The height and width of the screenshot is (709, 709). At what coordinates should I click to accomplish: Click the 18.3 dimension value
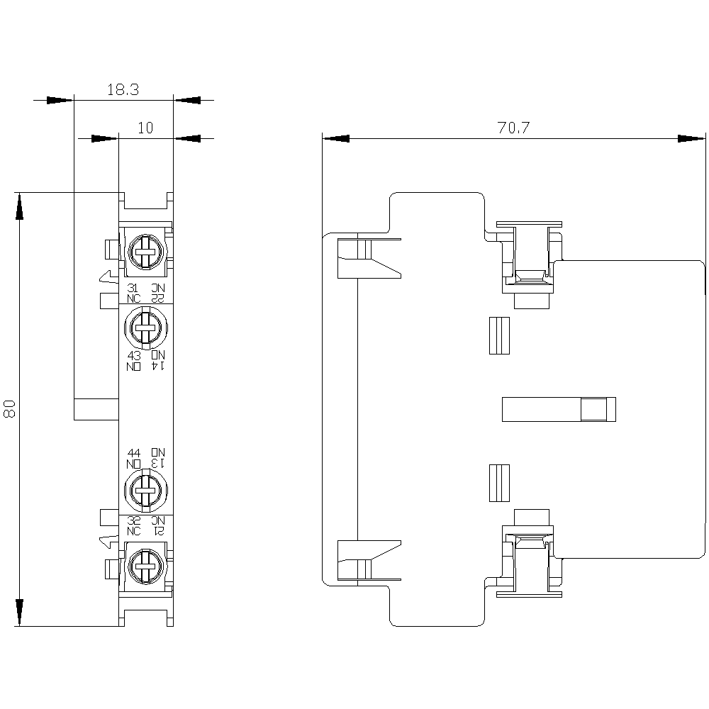pos(122,90)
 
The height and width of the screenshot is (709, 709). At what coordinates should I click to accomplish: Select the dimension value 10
pos(145,128)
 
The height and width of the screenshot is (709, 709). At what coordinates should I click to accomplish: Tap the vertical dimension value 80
pos(10,408)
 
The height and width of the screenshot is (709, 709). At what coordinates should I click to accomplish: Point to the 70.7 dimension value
pos(513,128)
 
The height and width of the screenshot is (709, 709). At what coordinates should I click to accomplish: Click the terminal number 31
pos(133,288)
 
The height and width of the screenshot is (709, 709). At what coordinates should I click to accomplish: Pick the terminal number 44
pos(133,452)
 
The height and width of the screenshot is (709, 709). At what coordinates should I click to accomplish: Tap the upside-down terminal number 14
pos(157,366)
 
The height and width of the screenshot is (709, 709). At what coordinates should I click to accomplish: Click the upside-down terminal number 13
pos(157,462)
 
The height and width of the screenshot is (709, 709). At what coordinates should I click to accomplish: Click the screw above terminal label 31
pos(145,250)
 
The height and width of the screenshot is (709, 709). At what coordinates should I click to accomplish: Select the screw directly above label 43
pos(145,327)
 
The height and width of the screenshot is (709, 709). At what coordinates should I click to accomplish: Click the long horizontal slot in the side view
pos(558,410)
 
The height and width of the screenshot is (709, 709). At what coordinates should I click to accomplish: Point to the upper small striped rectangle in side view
pos(501,335)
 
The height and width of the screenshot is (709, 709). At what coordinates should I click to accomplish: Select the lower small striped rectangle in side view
pos(501,484)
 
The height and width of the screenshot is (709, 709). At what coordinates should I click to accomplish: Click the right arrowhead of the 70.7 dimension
pos(692,138)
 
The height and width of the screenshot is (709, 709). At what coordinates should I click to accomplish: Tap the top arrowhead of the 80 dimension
pos(20,206)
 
